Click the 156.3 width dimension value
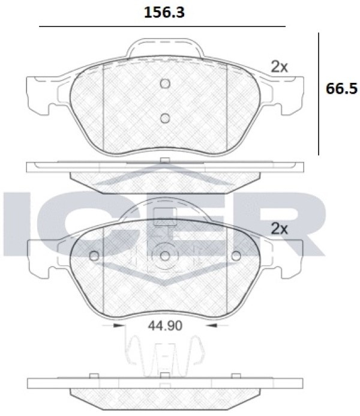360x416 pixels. [164, 13]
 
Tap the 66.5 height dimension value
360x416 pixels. [341, 89]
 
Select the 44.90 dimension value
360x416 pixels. [165, 325]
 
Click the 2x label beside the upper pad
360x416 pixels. [279, 67]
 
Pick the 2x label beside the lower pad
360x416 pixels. [279, 229]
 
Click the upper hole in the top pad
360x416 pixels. [165, 83]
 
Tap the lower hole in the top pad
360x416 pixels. [165, 118]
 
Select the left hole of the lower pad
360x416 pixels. [94, 256]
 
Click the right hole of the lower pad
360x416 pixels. [236, 256]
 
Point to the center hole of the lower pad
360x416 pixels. [165, 256]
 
